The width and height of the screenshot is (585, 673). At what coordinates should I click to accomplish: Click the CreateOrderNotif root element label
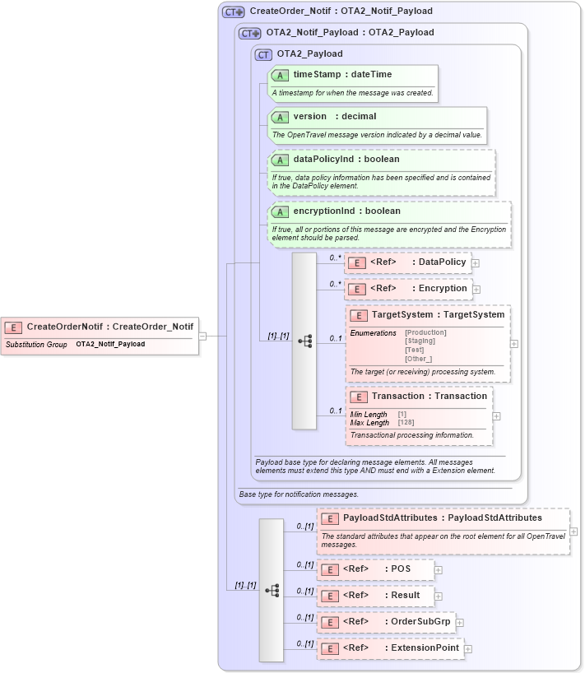coord(109,327)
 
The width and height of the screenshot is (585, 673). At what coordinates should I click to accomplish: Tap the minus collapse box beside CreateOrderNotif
coord(202,336)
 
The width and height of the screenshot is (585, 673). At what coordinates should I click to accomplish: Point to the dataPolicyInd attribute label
coord(346,159)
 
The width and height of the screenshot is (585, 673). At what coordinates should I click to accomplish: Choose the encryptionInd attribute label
coord(346,211)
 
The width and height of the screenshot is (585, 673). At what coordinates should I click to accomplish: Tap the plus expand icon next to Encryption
coord(477,290)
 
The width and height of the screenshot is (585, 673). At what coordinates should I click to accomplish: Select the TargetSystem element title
coord(438,315)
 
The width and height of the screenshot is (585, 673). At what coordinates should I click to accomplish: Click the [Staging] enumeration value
coord(420,341)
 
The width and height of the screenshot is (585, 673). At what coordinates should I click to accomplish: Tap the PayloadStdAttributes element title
coord(442,518)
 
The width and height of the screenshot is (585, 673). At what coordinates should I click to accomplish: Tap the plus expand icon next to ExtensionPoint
coord(468,649)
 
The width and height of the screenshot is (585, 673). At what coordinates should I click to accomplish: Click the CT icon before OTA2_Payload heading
coord(263,54)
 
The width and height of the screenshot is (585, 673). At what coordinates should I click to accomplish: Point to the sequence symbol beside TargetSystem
coord(304,341)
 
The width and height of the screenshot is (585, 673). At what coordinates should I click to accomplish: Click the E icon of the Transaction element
coord(358,397)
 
